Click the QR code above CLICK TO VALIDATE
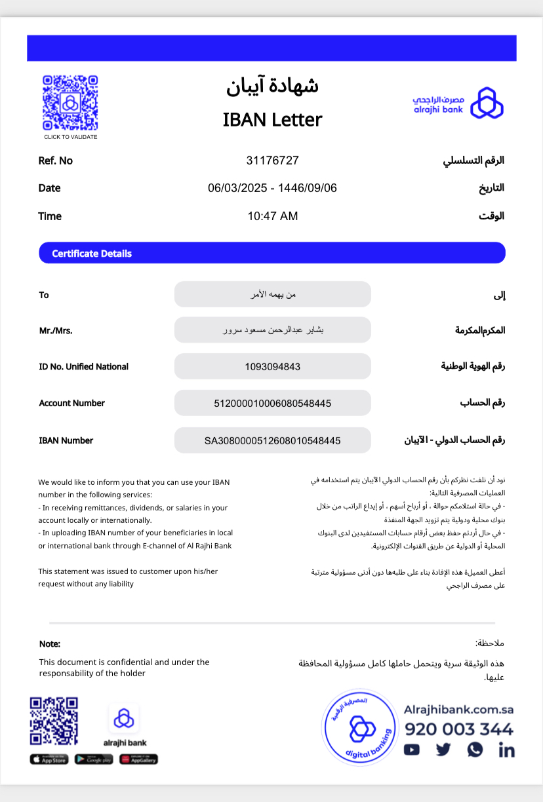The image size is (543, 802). click(x=70, y=103)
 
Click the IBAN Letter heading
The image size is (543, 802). click(x=272, y=120)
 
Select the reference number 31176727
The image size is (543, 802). click(x=272, y=161)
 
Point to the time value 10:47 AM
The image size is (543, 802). click(x=272, y=216)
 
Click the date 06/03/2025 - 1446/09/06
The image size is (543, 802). click(x=272, y=188)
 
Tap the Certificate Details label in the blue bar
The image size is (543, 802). click(x=92, y=254)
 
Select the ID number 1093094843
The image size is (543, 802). click(x=272, y=367)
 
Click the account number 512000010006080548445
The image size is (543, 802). click(x=272, y=404)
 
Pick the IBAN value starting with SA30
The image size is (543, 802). click(x=272, y=441)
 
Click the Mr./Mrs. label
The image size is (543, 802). click(x=56, y=330)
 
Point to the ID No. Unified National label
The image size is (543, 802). click(x=83, y=367)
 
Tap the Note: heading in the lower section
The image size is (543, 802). click(x=50, y=644)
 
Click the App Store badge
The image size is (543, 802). click(x=49, y=759)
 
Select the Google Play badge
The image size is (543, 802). click(x=94, y=759)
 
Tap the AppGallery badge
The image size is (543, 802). click(x=138, y=759)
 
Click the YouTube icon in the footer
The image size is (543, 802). click(x=412, y=750)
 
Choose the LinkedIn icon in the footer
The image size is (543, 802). click(x=506, y=750)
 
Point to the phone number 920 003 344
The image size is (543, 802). click(x=459, y=729)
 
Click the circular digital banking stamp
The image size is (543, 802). click(x=360, y=727)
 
